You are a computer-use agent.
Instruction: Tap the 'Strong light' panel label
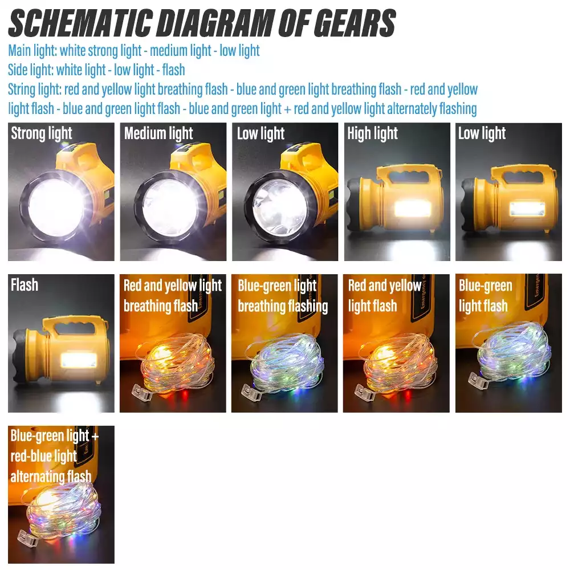pos(42,134)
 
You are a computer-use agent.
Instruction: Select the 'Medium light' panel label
pos(158,134)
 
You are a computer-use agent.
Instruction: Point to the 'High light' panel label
pos(373,134)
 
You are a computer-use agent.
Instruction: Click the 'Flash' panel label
pos(25,284)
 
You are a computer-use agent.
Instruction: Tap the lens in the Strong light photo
pos(56,203)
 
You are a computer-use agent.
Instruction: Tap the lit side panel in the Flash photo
pos(82,360)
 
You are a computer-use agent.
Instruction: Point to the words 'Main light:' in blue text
pos(32,51)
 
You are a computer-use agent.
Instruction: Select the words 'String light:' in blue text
pos(35,89)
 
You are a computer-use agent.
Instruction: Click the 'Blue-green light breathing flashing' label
pos(283,296)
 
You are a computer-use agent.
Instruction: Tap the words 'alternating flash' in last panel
pos(51,476)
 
